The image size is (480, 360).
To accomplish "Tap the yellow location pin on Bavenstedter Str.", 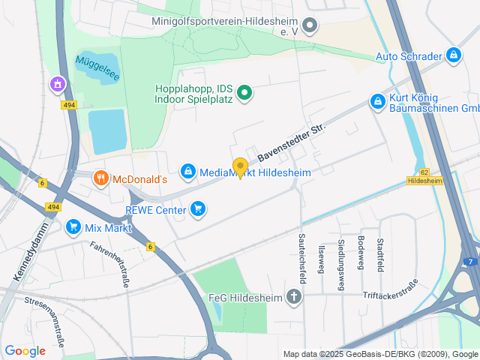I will click(x=240, y=167).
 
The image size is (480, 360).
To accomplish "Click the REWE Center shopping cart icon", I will click(x=198, y=208).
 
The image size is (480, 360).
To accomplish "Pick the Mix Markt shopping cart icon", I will click(x=73, y=226).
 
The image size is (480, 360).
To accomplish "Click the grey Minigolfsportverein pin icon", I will click(x=310, y=27).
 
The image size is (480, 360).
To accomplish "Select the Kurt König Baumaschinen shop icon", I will click(x=378, y=101).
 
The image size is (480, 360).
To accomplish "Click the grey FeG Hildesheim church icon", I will click(x=294, y=297).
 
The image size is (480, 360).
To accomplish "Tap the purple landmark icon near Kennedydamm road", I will click(x=57, y=85).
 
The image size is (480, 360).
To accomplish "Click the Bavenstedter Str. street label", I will click(x=291, y=142).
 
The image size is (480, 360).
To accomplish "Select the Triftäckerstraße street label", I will click(x=389, y=296).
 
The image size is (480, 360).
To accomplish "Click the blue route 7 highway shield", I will click(x=470, y=261).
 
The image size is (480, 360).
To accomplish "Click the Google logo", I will click(x=25, y=350).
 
